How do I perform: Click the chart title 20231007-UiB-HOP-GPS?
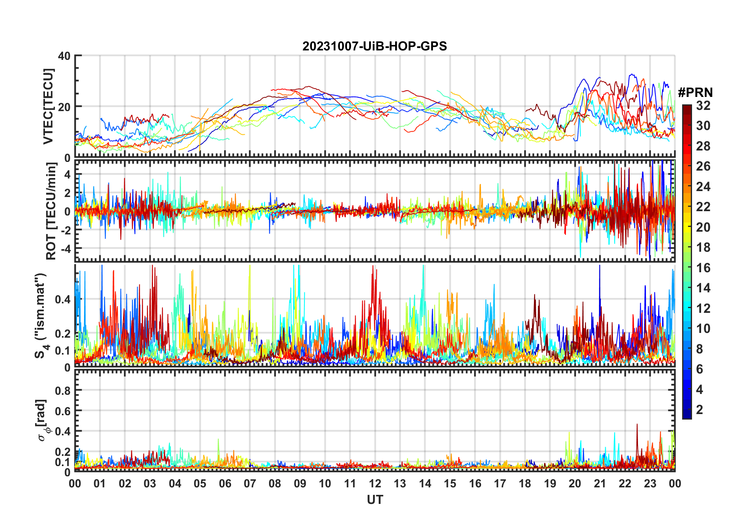(x=375, y=46)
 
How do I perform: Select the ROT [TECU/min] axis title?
(x=51, y=211)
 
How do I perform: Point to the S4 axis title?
(x=41, y=316)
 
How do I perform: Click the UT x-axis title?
(x=375, y=500)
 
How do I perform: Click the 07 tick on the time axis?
(x=250, y=483)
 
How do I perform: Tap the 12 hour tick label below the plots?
(x=375, y=483)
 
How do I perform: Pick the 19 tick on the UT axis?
(x=550, y=483)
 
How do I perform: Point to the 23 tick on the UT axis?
(x=650, y=483)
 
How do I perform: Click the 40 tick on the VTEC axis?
(x=64, y=56)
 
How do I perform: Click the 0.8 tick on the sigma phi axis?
(x=63, y=390)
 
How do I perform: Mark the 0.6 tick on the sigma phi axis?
(x=63, y=411)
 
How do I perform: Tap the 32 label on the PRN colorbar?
(x=703, y=106)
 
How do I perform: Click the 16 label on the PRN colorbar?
(x=703, y=268)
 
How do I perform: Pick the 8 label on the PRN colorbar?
(x=700, y=349)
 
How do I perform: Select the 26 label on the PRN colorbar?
(x=703, y=166)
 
